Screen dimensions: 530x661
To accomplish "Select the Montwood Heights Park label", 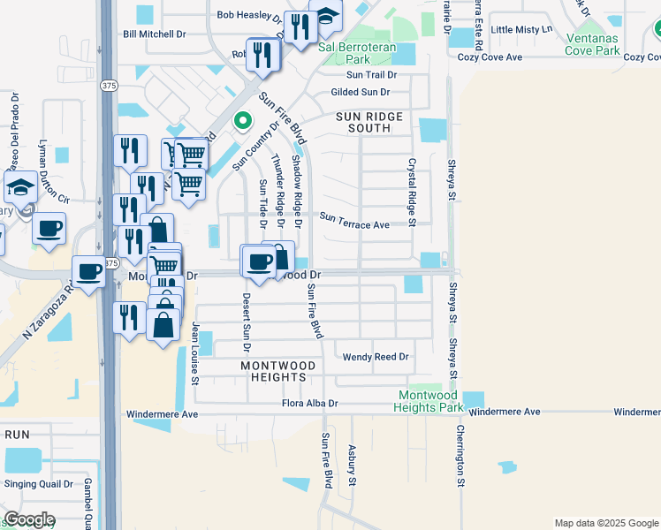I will click(430, 401).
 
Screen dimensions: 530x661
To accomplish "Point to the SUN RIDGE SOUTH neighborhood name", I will click(369, 122).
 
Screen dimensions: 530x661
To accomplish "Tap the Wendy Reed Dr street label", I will click(376, 357).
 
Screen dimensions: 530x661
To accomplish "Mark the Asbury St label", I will click(352, 465).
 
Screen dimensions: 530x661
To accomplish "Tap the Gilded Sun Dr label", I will click(360, 92).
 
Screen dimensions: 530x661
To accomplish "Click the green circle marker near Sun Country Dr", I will click(239, 121).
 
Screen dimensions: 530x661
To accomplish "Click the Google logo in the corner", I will click(29, 519).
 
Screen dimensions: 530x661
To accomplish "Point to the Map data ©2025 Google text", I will click(605, 523).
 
